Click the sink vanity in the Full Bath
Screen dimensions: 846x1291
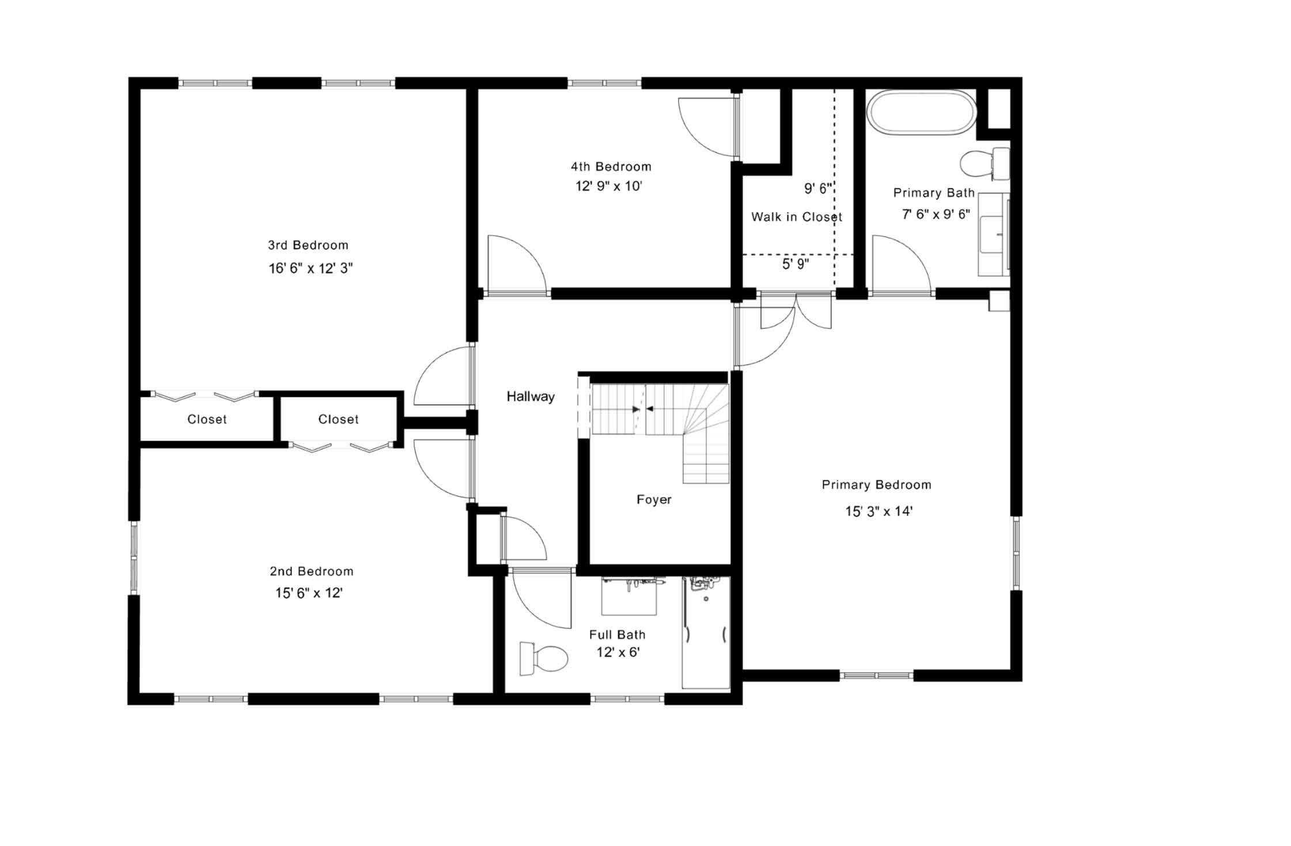click(x=629, y=596)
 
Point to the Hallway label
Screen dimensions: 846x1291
click(x=530, y=396)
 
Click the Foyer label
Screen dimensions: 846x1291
click(x=653, y=499)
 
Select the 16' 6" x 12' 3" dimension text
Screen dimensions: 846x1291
click(x=310, y=268)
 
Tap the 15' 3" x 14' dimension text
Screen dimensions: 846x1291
click(x=879, y=511)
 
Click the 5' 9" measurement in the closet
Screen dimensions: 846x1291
click(x=795, y=264)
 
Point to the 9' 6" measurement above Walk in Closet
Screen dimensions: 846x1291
click(x=817, y=188)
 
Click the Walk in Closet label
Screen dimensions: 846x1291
click(x=796, y=217)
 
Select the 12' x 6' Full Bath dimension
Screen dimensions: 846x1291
click(x=618, y=652)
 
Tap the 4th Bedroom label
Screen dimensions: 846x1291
click(x=611, y=167)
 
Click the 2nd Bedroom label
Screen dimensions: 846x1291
click(x=311, y=571)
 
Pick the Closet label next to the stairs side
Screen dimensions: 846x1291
click(x=338, y=419)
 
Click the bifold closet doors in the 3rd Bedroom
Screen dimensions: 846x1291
click(x=205, y=396)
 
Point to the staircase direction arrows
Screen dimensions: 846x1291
click(x=642, y=409)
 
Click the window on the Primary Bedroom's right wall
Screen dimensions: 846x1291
click(x=1016, y=553)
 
